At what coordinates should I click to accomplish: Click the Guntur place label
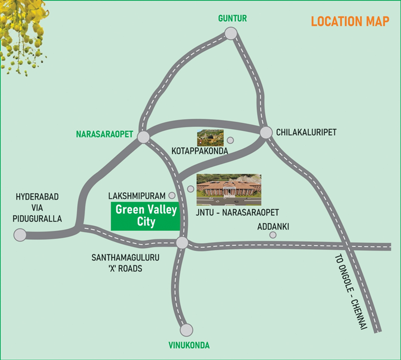(x=232, y=18)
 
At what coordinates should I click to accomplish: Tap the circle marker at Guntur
(x=231, y=34)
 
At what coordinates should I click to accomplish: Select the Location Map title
(x=350, y=22)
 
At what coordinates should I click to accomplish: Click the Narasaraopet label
(x=104, y=134)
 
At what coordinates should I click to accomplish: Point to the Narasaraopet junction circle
(x=143, y=136)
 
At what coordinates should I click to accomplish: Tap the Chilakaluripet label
(x=306, y=132)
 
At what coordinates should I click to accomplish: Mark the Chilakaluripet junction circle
(x=265, y=131)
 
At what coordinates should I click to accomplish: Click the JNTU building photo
(x=229, y=187)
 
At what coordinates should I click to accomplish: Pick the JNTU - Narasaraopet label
(x=237, y=212)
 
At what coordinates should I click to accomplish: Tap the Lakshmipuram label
(x=137, y=196)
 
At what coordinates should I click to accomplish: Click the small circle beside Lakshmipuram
(x=172, y=196)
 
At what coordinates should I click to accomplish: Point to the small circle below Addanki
(x=273, y=235)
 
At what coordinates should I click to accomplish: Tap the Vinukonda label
(x=188, y=345)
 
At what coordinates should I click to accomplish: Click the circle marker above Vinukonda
(x=187, y=330)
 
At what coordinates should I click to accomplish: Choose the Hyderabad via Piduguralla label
(x=37, y=207)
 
